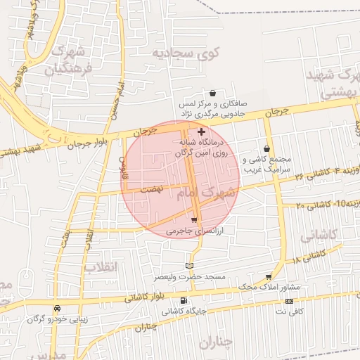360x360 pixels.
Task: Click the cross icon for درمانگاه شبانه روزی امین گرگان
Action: pyautogui.click(x=202, y=131)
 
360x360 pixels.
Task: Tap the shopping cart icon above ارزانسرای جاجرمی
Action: pyautogui.click(x=194, y=220)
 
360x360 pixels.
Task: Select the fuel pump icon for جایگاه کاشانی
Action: pyautogui.click(x=184, y=301)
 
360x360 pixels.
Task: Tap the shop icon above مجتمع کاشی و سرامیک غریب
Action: pyautogui.click(x=266, y=148)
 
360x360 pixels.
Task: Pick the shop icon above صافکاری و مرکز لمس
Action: pyautogui.click(x=212, y=93)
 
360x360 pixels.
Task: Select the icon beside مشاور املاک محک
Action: pyautogui.click(x=268, y=277)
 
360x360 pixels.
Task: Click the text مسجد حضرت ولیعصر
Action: pyautogui.click(x=191, y=276)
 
